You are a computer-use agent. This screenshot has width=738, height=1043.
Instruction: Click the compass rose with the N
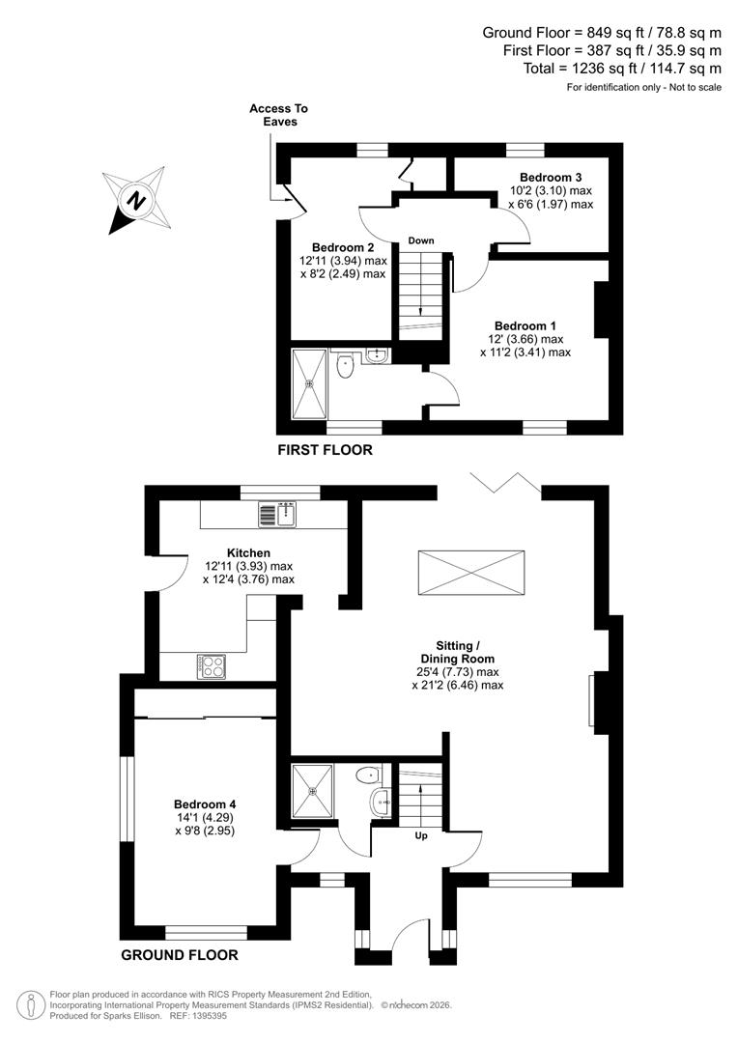[136, 200]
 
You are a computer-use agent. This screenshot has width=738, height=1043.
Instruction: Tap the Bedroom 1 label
[525, 325]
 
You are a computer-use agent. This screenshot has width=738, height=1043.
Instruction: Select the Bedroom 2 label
[342, 247]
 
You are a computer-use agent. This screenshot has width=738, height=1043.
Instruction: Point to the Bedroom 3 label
[551, 178]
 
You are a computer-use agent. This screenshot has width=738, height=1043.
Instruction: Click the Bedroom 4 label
[205, 803]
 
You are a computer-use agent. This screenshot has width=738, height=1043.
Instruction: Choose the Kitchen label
[248, 553]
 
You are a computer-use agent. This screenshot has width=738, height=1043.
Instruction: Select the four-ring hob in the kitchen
[212, 664]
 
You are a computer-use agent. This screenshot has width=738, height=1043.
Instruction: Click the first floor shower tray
[310, 383]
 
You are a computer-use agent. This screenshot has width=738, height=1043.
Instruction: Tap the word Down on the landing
[421, 240]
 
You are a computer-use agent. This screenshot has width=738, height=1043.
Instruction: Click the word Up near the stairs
[421, 835]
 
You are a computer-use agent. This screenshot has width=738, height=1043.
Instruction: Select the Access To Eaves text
[278, 116]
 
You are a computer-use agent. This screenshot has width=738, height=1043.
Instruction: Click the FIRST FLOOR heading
[325, 450]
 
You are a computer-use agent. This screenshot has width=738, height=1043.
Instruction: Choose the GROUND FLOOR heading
[180, 955]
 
